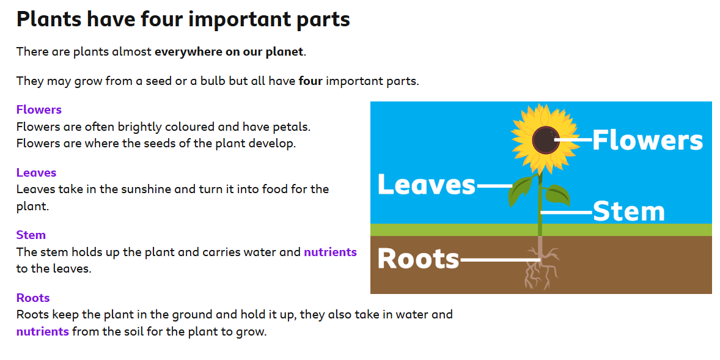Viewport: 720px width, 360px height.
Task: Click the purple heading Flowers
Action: coord(39,110)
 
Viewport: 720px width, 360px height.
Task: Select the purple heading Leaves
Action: coord(36,172)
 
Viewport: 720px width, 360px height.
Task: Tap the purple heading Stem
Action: coord(31,235)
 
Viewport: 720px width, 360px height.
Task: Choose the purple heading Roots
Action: coord(33,298)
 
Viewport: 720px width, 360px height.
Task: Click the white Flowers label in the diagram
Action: coord(647,139)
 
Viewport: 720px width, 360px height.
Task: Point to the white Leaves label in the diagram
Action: coord(427,185)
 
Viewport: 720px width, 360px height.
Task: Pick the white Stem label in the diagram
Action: coord(628,211)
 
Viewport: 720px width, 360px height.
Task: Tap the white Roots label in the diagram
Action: coord(418,259)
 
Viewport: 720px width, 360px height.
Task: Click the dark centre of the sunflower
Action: coord(546,139)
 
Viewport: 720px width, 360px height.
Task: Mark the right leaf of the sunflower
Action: coord(557,195)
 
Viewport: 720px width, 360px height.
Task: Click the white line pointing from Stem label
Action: coord(567,212)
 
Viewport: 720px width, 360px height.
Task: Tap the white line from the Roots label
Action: coord(499,260)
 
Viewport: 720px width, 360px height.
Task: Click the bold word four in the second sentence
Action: coord(311,81)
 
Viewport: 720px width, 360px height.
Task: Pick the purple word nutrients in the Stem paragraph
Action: coord(330,252)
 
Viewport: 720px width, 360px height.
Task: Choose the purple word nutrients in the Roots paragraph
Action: coord(43,331)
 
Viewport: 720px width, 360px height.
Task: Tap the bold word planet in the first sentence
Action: coord(285,51)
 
